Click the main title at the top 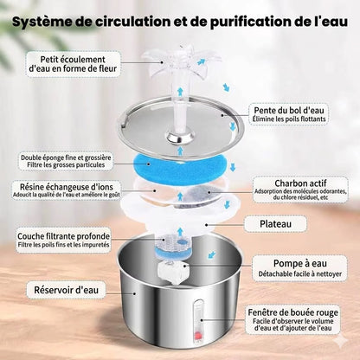click(x=180, y=21)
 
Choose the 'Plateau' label click(x=286, y=225)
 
